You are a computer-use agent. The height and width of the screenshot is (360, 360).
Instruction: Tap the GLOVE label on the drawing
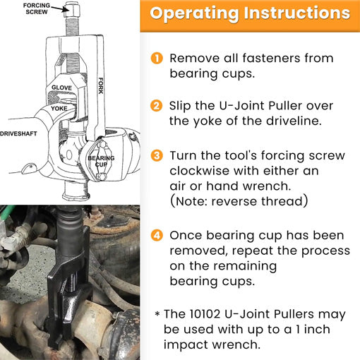point(62,88)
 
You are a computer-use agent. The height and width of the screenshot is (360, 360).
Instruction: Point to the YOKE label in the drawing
point(59,109)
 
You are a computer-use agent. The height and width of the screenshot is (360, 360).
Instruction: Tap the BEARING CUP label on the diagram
point(101,162)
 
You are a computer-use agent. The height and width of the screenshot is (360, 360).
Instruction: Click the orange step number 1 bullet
point(157,59)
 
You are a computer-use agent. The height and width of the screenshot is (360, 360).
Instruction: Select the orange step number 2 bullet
point(157,106)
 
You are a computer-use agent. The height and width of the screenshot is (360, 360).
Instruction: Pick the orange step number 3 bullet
point(157,154)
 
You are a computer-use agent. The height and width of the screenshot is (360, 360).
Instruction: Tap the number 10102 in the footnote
point(212,313)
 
